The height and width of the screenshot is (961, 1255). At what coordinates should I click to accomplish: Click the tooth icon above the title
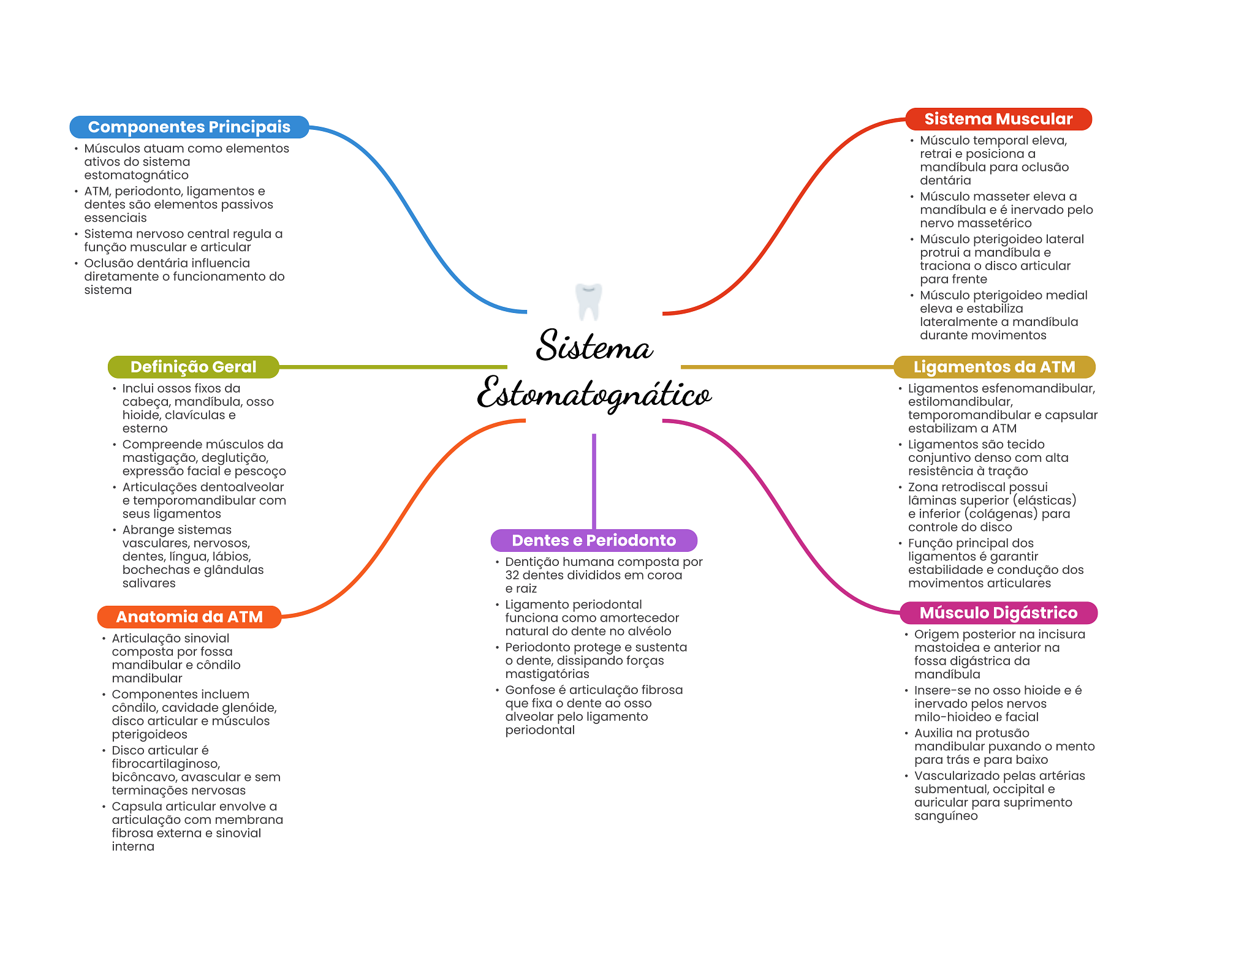pos(589,301)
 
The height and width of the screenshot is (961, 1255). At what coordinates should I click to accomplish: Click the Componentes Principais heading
pos(189,127)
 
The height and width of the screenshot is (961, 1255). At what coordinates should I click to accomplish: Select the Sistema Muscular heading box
pos(999,119)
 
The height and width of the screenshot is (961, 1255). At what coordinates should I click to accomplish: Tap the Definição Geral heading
pos(194,367)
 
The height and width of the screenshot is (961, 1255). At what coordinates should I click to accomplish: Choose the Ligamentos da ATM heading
pos(995,367)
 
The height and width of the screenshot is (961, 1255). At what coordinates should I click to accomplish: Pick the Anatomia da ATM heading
pos(189,617)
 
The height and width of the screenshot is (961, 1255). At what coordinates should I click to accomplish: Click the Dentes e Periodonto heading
pos(594,540)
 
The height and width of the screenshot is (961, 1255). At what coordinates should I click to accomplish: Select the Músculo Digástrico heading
pos(999,612)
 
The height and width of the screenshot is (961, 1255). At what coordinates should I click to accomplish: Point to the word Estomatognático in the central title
pos(594,394)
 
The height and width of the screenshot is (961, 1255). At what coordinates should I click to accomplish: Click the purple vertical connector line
pos(594,481)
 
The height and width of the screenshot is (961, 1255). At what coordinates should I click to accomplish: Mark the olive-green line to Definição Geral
pos(393,367)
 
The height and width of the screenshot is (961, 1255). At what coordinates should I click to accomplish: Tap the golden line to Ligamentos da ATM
pos(787,367)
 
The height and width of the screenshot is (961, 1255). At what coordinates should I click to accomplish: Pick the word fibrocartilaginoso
pos(165,764)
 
